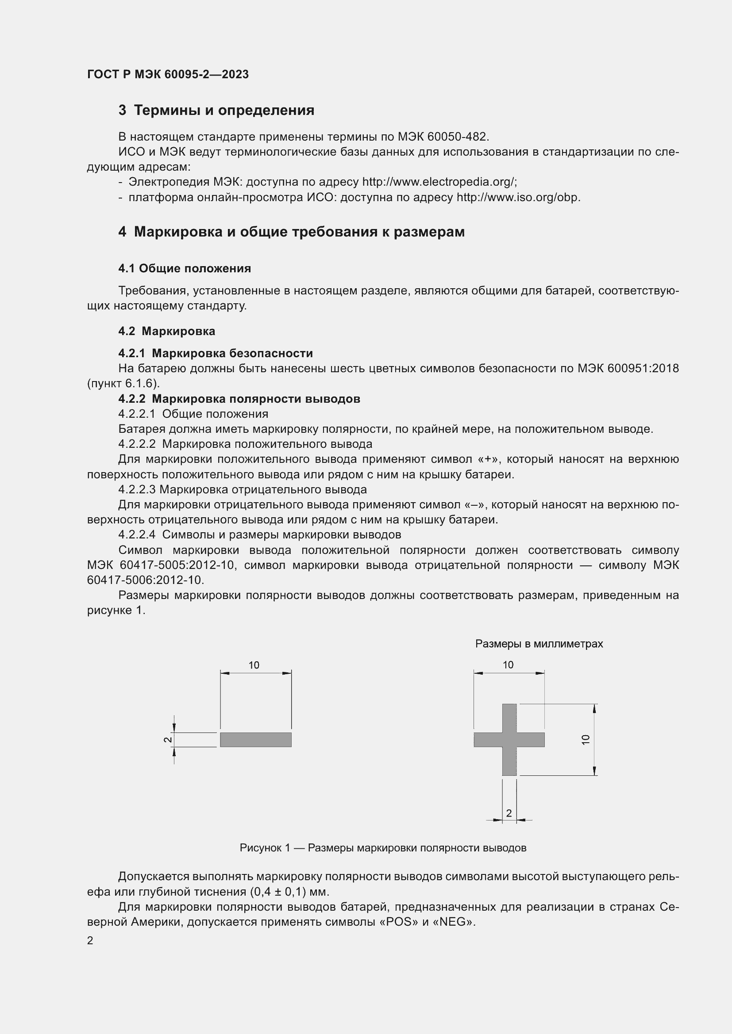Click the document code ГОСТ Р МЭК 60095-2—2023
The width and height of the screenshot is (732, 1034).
[x=168, y=75]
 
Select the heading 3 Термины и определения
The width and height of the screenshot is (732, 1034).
[x=216, y=111]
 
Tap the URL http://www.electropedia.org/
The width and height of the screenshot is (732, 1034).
[x=439, y=182]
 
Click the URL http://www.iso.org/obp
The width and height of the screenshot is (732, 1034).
[x=518, y=197]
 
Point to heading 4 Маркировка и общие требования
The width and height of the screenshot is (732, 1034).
[x=291, y=232]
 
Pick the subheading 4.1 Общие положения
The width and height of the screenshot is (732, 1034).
[x=185, y=268]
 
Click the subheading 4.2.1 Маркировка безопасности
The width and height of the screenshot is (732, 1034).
[x=216, y=353]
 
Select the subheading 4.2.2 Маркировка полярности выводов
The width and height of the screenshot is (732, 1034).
[x=239, y=399]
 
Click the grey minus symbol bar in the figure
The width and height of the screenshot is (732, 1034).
[x=255, y=740]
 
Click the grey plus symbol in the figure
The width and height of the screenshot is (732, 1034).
[x=509, y=740]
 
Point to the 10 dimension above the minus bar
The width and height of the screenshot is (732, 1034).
[x=254, y=665]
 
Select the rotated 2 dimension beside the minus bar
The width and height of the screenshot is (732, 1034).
[x=167, y=740]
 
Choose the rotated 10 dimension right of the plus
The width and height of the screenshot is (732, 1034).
[x=586, y=740]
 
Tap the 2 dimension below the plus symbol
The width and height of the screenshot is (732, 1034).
[x=509, y=813]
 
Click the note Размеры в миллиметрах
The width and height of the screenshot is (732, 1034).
[x=539, y=644]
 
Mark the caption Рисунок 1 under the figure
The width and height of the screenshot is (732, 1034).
[x=383, y=848]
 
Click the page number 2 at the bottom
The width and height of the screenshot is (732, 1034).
[x=90, y=940]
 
